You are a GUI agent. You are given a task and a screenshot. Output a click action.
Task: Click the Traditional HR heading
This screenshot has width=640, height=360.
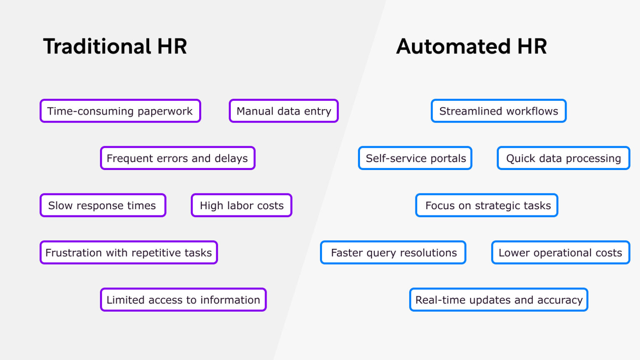(x=115, y=46)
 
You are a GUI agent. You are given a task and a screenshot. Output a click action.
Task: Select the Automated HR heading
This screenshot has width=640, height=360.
(x=471, y=46)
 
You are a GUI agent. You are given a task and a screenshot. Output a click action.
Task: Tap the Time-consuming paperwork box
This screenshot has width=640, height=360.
(x=120, y=111)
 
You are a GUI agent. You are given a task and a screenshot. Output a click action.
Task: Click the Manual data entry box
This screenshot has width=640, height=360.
(x=284, y=111)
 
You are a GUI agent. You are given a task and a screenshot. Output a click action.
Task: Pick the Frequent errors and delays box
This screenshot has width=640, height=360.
(x=177, y=158)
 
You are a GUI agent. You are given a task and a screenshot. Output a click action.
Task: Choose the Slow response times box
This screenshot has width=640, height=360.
(x=102, y=205)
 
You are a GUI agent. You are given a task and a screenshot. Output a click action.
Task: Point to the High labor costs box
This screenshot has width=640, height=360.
(x=242, y=205)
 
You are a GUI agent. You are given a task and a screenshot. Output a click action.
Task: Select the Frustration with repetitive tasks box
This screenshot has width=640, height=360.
(x=129, y=252)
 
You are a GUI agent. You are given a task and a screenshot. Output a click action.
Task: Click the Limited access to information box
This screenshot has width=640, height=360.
(x=183, y=300)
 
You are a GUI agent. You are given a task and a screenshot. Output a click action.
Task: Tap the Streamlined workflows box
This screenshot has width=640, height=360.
(x=499, y=111)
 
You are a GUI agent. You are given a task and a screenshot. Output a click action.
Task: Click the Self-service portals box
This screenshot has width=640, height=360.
(x=415, y=158)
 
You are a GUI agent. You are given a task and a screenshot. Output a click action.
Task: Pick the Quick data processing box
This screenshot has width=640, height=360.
(x=563, y=158)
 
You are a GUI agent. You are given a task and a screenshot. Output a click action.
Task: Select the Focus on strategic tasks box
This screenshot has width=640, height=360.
(x=487, y=205)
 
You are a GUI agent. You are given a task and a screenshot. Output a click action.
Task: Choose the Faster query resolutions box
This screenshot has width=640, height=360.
(x=393, y=252)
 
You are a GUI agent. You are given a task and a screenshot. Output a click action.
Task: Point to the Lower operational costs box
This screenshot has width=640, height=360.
(x=560, y=252)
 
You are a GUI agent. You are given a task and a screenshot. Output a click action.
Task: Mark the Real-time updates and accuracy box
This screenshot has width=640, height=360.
(x=499, y=300)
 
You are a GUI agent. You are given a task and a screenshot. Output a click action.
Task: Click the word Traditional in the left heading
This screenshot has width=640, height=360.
(x=97, y=46)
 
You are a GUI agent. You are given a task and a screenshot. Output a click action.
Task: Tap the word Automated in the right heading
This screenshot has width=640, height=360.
(x=453, y=46)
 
